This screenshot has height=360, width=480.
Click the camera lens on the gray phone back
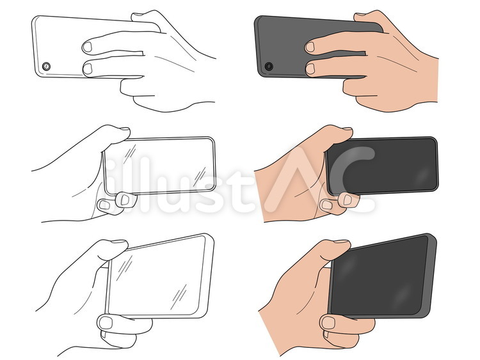[x=269, y=67]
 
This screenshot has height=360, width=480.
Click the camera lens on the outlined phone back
[x=46, y=67]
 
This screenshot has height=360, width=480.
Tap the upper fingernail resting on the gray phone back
[x=310, y=47]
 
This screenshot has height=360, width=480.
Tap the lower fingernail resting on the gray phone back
[x=310, y=69]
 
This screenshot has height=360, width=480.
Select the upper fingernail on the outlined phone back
[x=87, y=47]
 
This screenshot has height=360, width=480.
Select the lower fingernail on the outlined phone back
[x=88, y=69]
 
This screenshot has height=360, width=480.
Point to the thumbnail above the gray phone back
[x=360, y=14]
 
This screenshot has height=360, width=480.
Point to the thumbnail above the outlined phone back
[x=138, y=14]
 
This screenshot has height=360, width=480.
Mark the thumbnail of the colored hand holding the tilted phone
[x=342, y=241]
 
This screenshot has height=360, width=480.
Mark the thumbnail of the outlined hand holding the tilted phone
[x=119, y=241]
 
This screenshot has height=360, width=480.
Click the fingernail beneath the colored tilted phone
[x=328, y=323]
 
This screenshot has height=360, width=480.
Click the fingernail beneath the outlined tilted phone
[x=106, y=323]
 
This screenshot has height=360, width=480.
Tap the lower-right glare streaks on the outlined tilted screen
[x=179, y=293]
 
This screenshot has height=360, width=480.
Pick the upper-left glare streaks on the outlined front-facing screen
[x=130, y=154]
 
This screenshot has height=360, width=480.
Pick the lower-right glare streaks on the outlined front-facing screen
[x=199, y=176]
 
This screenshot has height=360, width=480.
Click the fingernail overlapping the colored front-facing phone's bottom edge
[x=348, y=200]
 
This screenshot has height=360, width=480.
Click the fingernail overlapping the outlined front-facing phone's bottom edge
[x=125, y=200]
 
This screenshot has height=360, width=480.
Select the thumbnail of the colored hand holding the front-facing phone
[x=348, y=129]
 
